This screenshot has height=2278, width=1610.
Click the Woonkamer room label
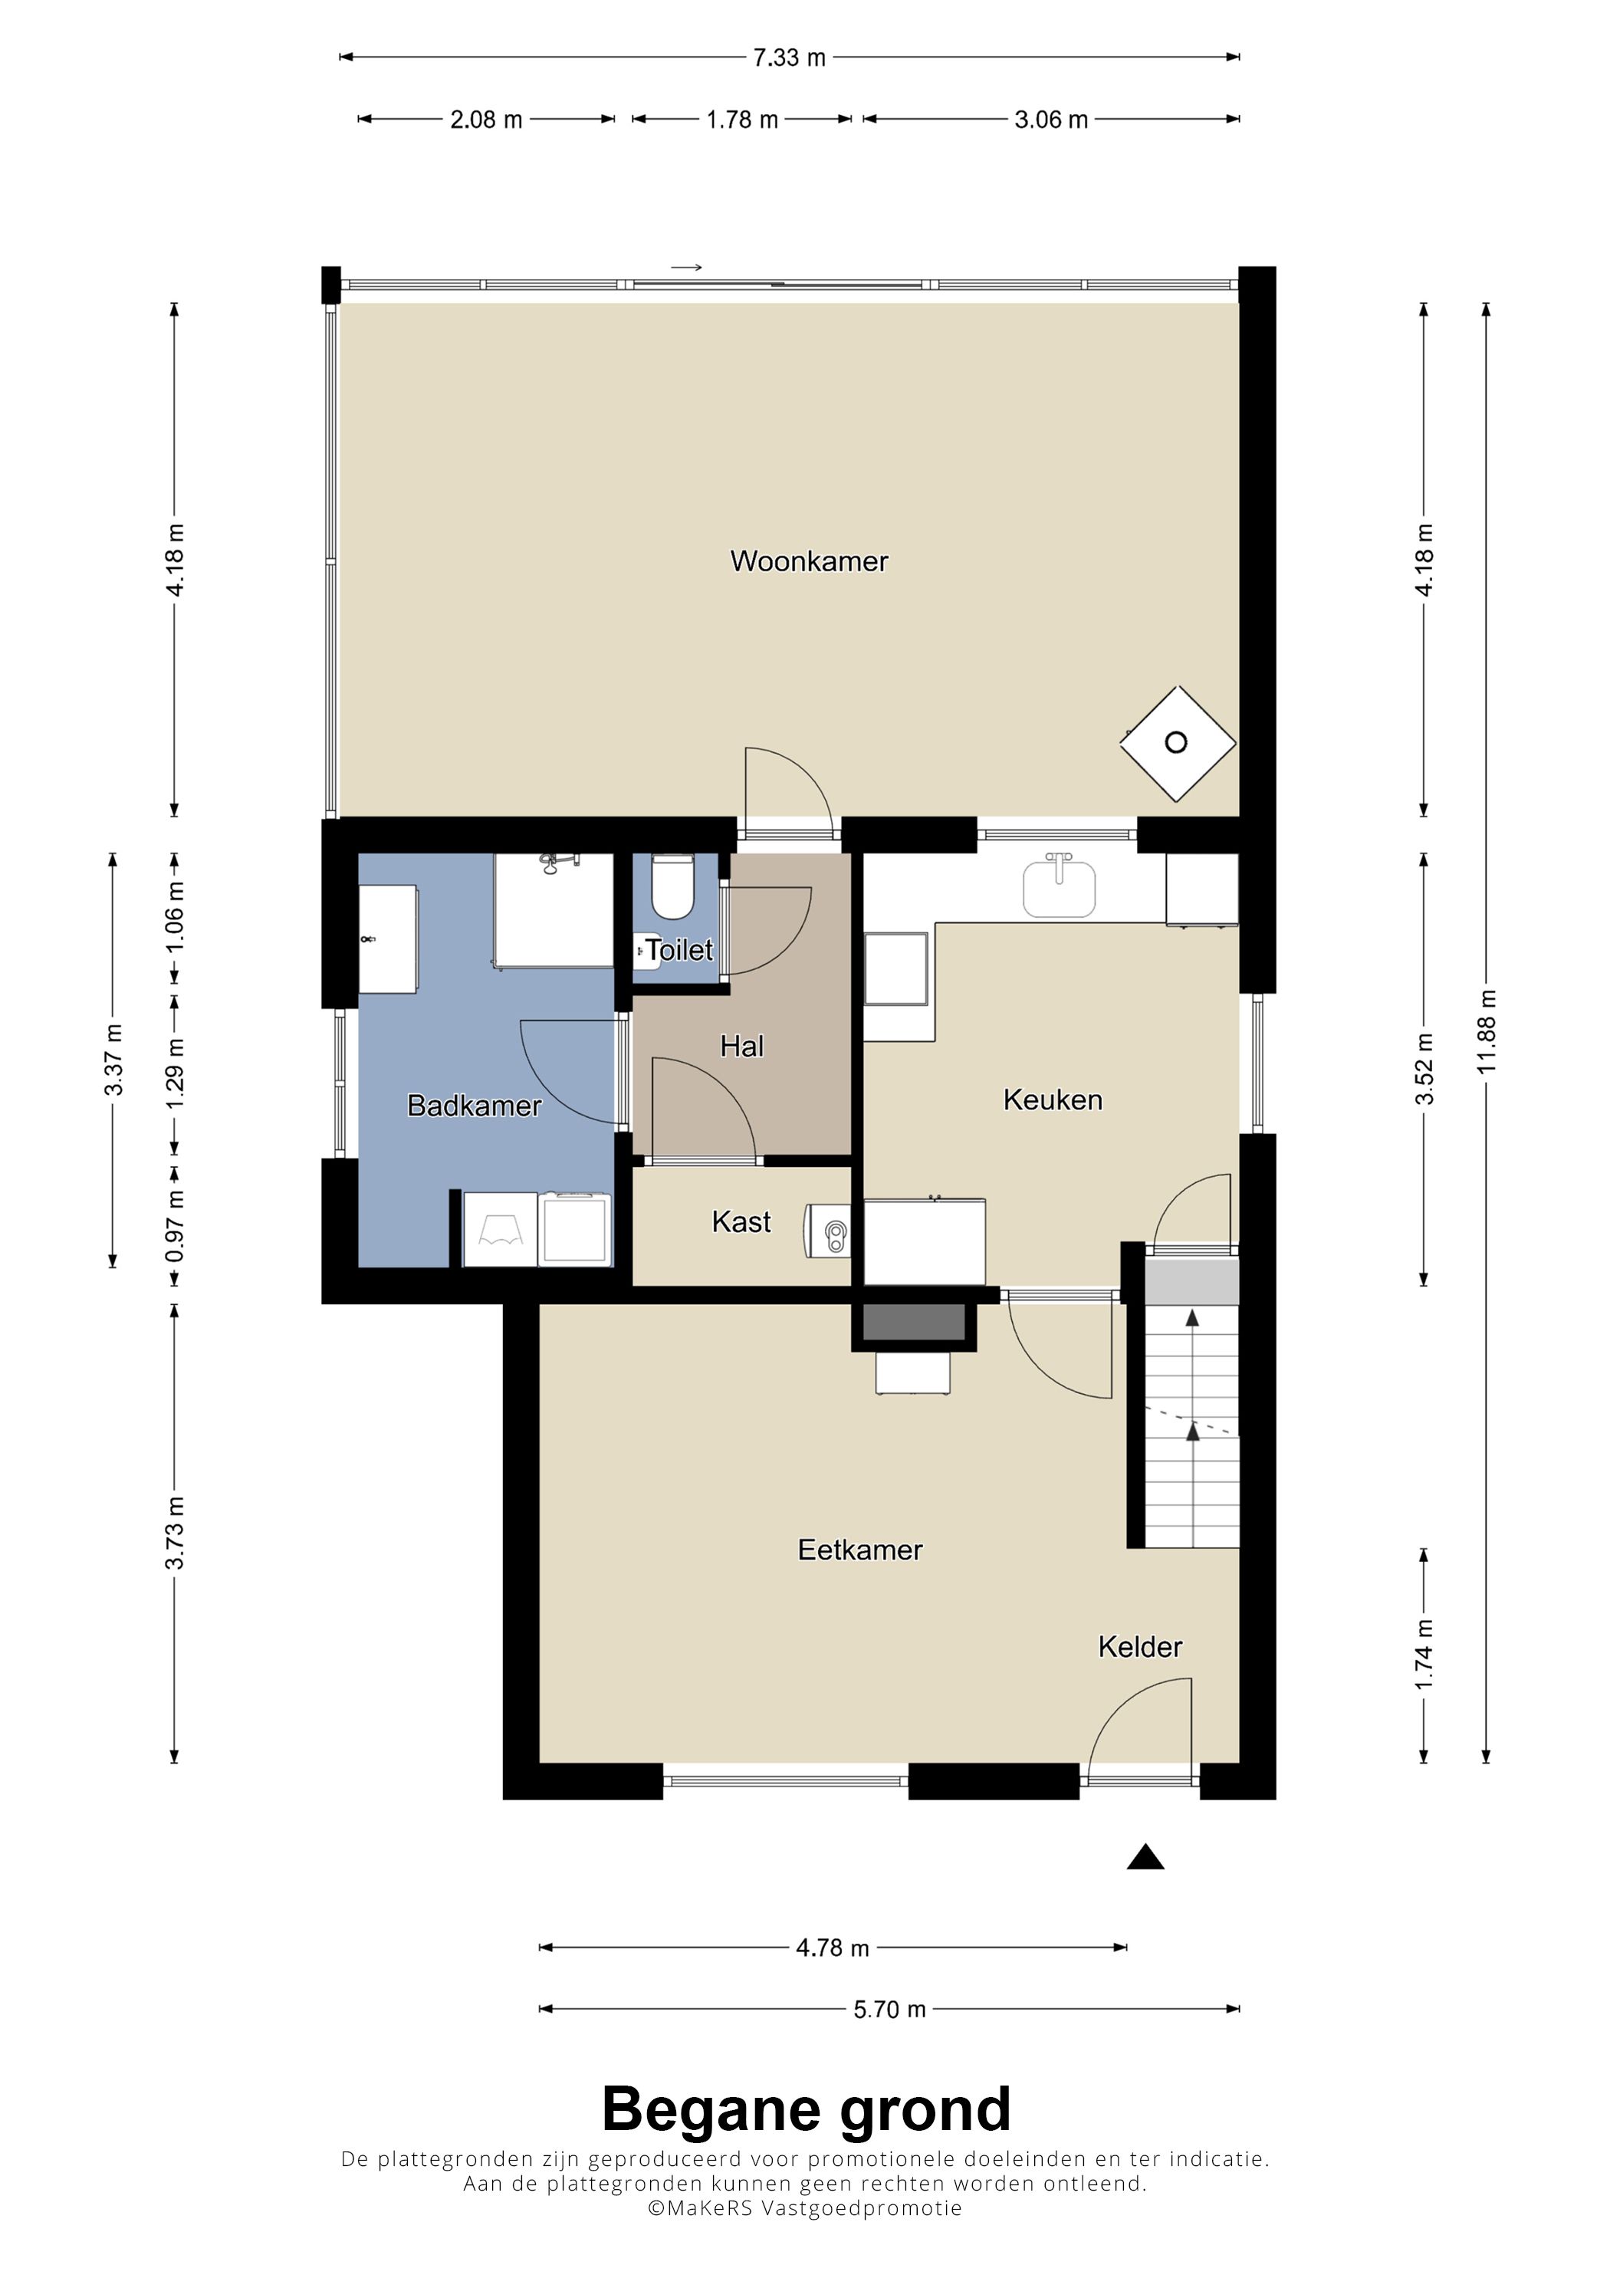(809, 561)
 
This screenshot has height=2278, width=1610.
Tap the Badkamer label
(474, 1106)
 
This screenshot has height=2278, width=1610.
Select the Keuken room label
(1053, 1100)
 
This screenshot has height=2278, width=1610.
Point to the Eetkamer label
(860, 1550)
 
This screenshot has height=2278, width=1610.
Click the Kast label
(741, 1221)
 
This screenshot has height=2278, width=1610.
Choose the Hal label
(742, 1046)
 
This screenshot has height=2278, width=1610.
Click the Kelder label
(1140, 1647)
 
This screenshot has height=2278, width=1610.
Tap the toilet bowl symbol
(672, 887)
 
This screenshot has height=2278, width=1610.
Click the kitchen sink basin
(1060, 888)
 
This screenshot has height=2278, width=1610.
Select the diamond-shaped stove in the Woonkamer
(1178, 743)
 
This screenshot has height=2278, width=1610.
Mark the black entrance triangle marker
(1145, 1856)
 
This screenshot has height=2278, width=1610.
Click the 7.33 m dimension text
(789, 58)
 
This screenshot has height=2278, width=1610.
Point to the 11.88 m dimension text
(1486, 1032)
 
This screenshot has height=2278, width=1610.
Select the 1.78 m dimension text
(742, 120)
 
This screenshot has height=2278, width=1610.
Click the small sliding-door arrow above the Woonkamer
(686, 267)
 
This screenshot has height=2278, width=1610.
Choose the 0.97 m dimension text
(175, 1228)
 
